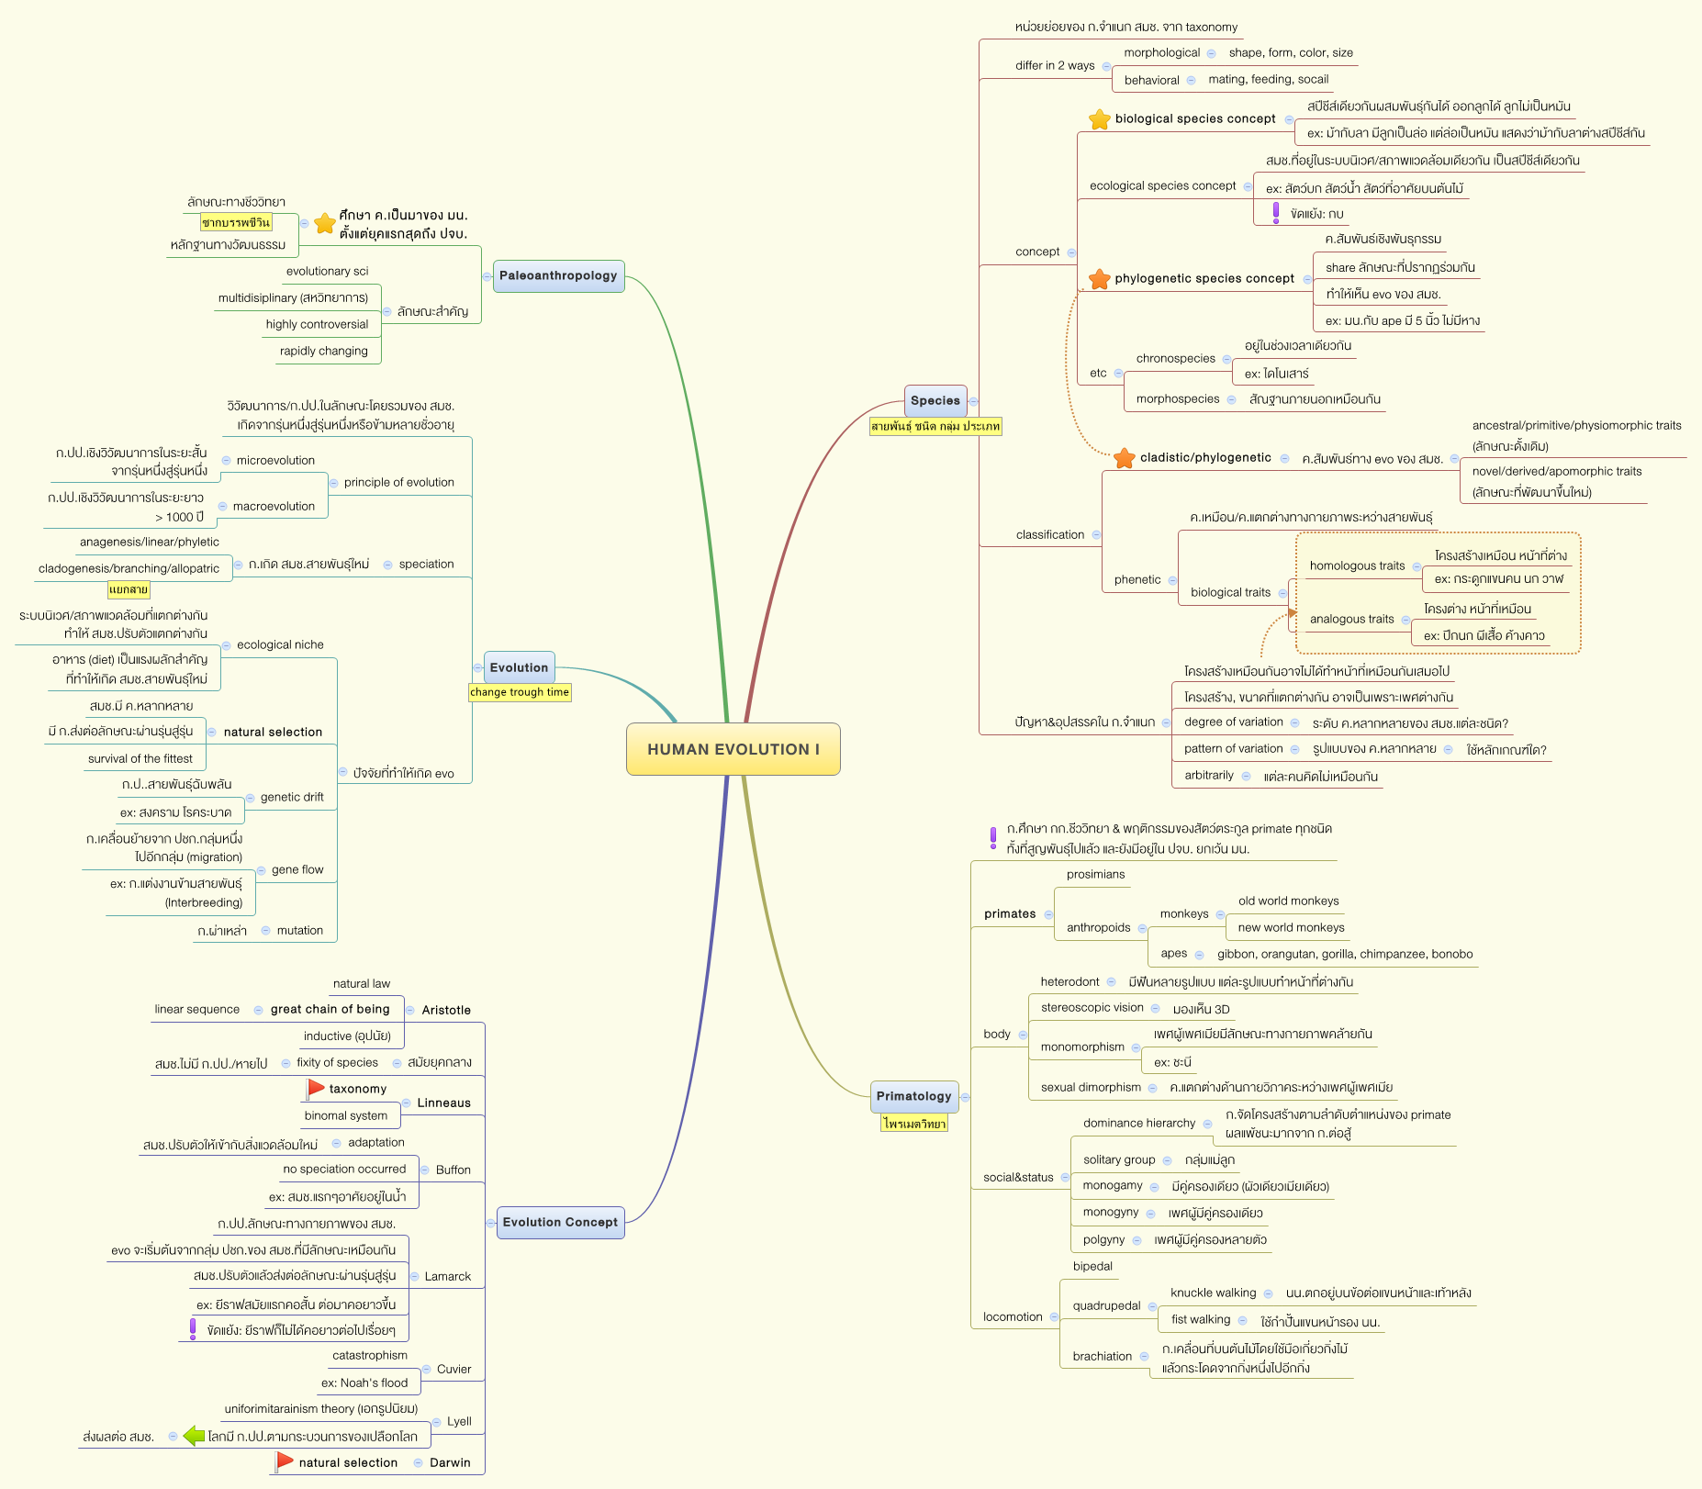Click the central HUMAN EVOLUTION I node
(x=733, y=749)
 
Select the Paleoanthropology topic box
(x=558, y=275)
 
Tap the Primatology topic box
(x=913, y=1096)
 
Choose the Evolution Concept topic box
(x=560, y=1222)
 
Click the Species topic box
(x=935, y=400)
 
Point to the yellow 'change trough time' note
(x=520, y=692)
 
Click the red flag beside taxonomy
(x=316, y=1088)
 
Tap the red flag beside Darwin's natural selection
(x=285, y=1461)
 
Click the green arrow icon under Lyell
(x=194, y=1436)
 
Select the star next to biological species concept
(x=1099, y=119)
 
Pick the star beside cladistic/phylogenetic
(x=1124, y=458)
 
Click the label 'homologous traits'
(x=1357, y=565)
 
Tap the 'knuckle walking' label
(x=1213, y=1293)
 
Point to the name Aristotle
(x=446, y=1010)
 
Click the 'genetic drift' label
(x=292, y=797)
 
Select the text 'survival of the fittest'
(x=140, y=758)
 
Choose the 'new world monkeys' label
(x=1291, y=927)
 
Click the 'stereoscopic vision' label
(x=1092, y=1007)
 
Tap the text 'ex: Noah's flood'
(x=364, y=1383)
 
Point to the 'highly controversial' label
(x=317, y=324)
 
